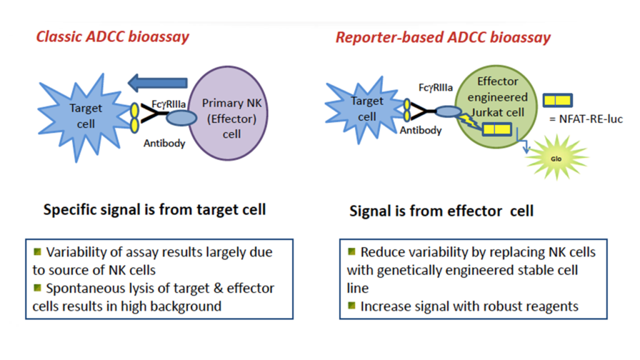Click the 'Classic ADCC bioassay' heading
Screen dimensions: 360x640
coord(112,36)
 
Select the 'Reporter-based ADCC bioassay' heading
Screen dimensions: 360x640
coord(443,37)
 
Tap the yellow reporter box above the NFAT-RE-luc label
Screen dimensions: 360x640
coord(559,99)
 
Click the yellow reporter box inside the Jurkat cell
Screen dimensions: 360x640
coord(498,130)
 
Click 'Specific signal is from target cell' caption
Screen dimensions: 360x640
coord(154,209)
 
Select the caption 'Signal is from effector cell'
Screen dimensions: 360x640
coord(441,211)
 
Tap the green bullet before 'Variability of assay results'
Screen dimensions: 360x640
coord(37,251)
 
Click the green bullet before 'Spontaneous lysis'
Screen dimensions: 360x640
coord(37,287)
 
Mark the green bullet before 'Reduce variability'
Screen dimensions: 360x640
coord(352,251)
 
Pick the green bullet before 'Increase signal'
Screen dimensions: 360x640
coord(352,306)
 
